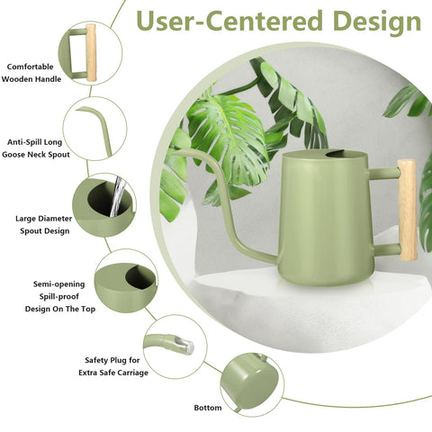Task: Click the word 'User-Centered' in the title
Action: click(230, 21)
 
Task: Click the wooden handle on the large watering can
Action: click(408, 210)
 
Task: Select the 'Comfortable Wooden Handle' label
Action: click(31, 73)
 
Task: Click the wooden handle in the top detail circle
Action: click(91, 53)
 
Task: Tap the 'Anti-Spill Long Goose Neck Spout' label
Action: click(35, 148)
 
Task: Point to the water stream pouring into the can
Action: click(116, 196)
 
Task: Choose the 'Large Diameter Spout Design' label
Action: click(44, 225)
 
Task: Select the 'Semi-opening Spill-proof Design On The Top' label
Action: click(59, 296)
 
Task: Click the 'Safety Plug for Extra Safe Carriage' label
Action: click(113, 366)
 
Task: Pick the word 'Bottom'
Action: click(208, 408)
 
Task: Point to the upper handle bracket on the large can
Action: click(384, 174)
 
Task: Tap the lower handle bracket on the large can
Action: click(387, 249)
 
